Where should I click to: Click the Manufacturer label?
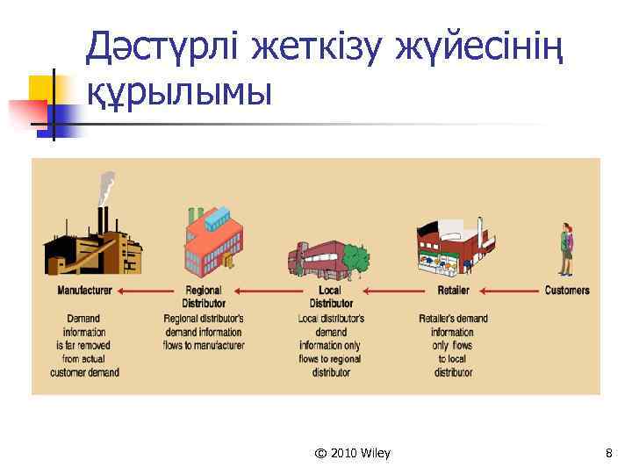[x=84, y=291]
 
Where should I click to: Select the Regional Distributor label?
[x=204, y=297]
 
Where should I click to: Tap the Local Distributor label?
[x=330, y=297]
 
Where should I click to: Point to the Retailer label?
[x=453, y=291]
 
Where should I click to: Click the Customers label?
[x=567, y=291]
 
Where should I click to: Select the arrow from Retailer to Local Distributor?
[x=393, y=291]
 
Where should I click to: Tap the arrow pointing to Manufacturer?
[x=146, y=291]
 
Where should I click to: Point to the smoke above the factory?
[x=107, y=186]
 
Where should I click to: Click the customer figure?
[x=567, y=249]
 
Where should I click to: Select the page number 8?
[x=608, y=453]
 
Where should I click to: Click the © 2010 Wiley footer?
[x=352, y=453]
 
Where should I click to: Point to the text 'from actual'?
[x=84, y=358]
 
